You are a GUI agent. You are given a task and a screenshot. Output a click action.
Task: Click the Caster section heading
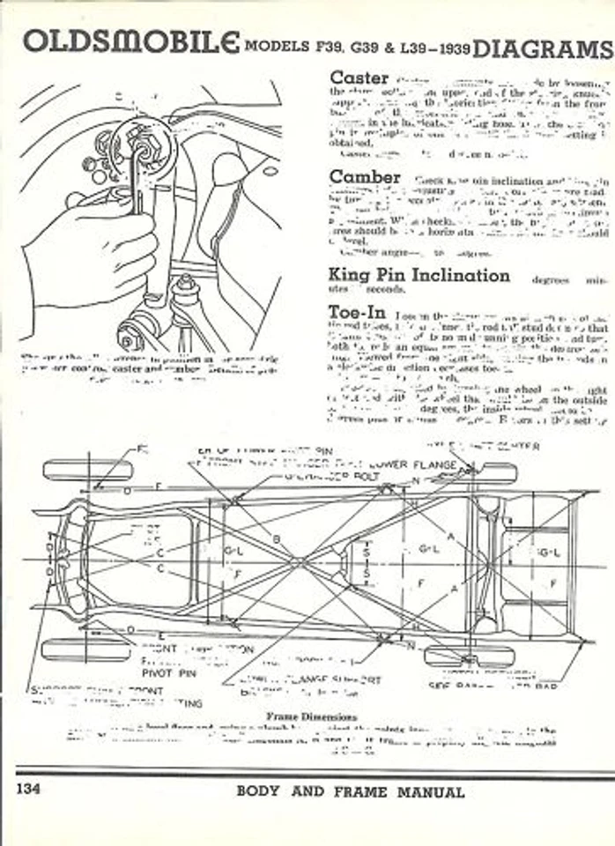pos(359,78)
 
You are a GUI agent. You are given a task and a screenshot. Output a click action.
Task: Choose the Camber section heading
pos(365,177)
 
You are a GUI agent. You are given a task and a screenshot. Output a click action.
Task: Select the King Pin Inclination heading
pos(419,275)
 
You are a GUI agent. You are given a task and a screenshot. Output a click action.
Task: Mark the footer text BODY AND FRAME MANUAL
pos(350,791)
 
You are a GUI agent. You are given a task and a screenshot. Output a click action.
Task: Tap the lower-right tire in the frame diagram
pos(468,656)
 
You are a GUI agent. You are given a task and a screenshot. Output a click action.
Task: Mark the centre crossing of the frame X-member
pos(300,561)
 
